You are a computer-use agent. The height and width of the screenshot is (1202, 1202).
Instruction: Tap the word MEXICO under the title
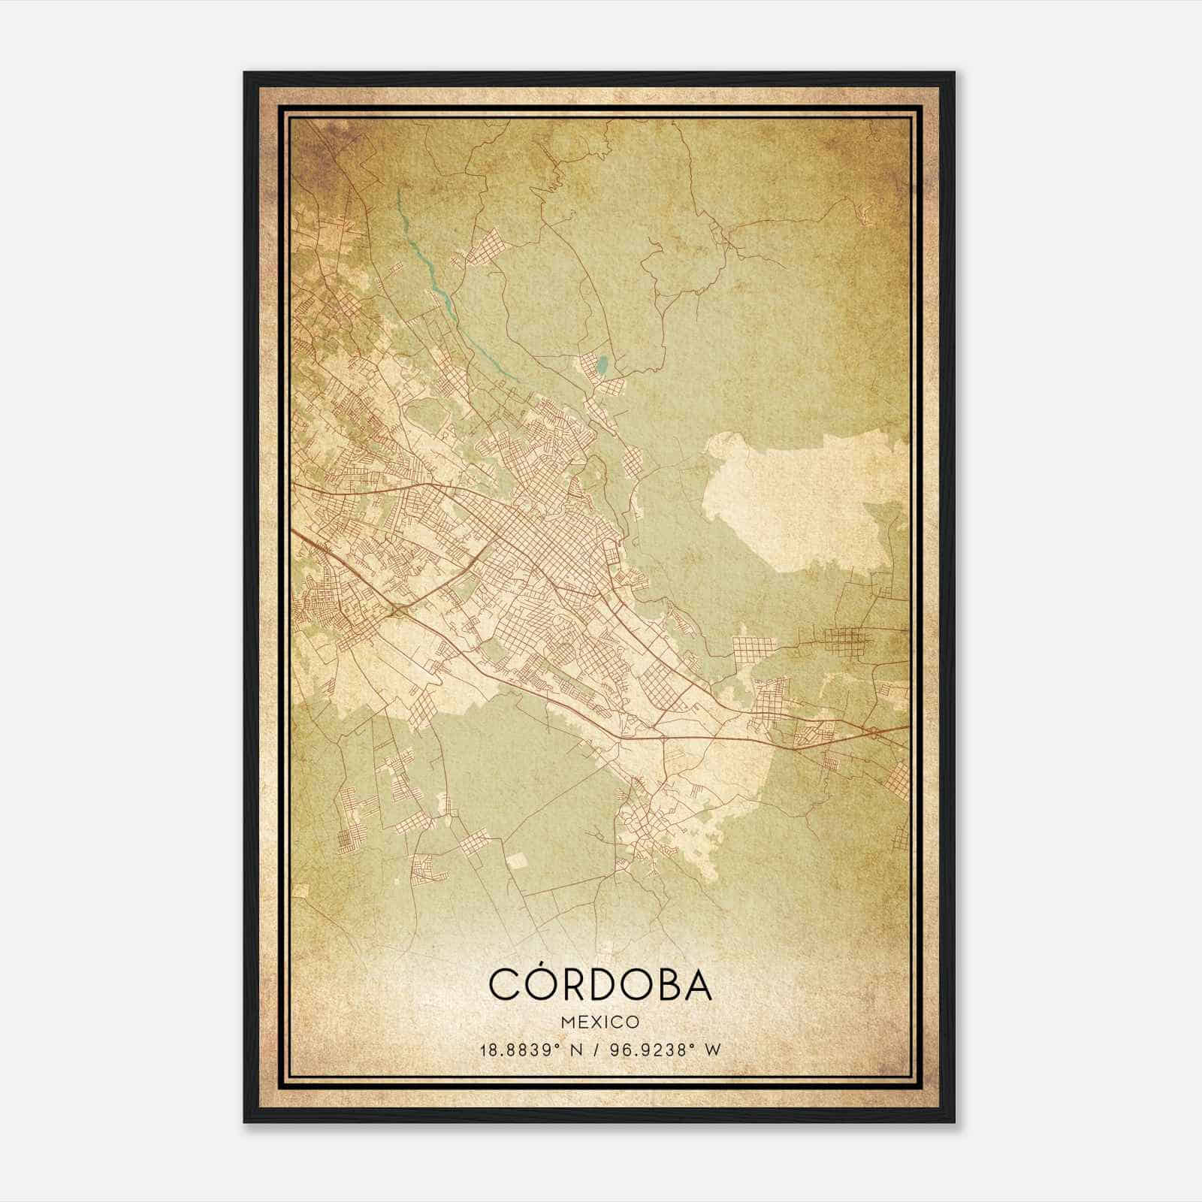pos(599,1022)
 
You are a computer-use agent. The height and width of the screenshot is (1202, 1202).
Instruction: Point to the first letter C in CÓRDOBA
pos(504,983)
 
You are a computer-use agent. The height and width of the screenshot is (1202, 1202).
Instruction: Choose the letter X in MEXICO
pos(593,1022)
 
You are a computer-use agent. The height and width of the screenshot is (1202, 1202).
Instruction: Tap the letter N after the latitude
pos(577,1049)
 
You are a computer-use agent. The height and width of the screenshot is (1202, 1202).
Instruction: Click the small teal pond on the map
pos(601,367)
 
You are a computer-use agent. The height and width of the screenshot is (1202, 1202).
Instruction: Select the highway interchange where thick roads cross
pos(397,610)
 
